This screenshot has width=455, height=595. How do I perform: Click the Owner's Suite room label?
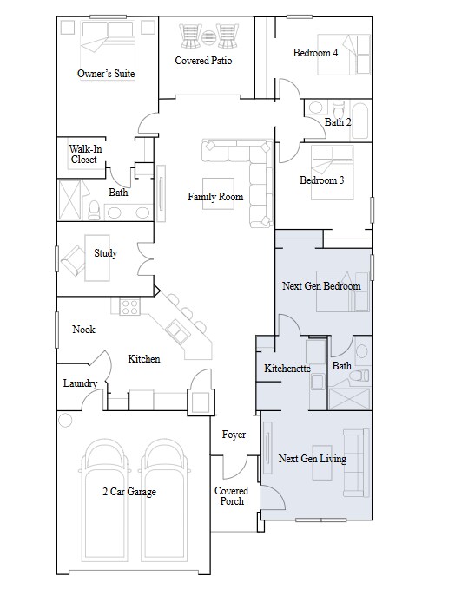[x=106, y=75]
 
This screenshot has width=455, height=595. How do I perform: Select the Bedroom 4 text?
[x=315, y=53]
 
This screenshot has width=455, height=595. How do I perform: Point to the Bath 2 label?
[x=339, y=122]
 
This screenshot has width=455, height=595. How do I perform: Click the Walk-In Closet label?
[x=83, y=154]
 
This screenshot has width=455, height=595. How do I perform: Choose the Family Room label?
[x=215, y=197]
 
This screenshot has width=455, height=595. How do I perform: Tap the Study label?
[x=106, y=253]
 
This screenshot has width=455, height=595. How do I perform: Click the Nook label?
[x=83, y=330]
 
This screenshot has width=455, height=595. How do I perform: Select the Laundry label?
[x=80, y=383]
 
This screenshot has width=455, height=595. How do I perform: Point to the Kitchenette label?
[x=287, y=369]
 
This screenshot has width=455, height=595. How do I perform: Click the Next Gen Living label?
[x=312, y=458]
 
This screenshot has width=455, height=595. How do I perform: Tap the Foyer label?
[x=234, y=435]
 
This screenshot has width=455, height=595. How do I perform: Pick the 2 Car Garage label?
[x=128, y=492]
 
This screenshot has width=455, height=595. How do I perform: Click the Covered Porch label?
[x=230, y=496]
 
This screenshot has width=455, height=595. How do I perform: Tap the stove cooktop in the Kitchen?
[x=130, y=306]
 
